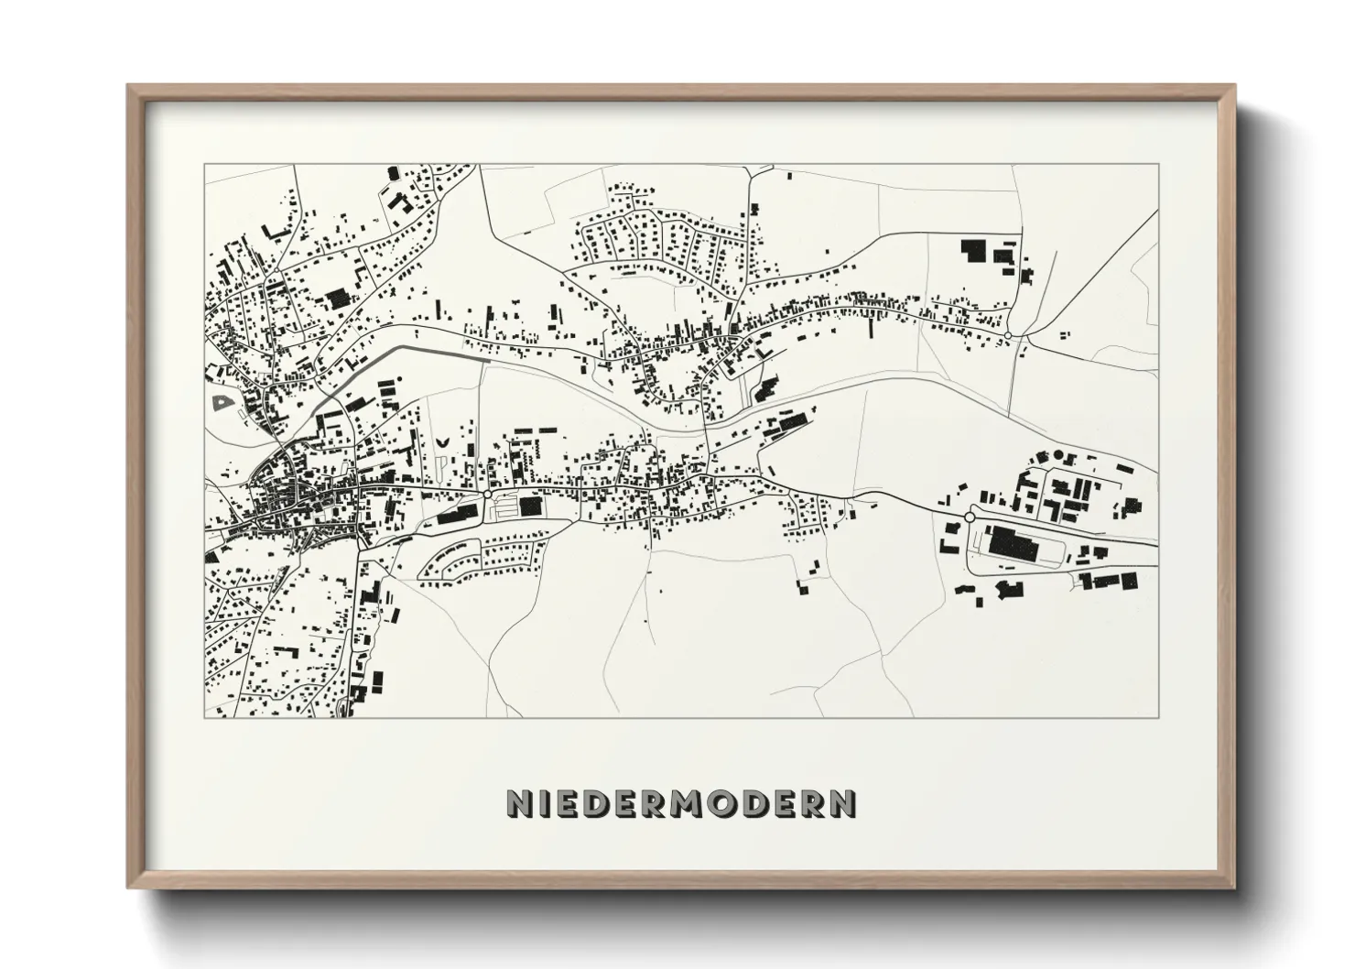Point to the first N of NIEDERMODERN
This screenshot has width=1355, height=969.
518,804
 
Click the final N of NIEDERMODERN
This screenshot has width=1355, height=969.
843,804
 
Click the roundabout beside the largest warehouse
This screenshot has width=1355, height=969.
970,517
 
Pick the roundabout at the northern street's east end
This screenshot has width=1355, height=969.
1008,337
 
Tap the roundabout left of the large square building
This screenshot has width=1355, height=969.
488,495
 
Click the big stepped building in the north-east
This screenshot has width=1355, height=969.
972,250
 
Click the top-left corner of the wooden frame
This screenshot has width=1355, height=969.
128,86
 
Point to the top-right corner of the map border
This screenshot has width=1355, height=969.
1158,165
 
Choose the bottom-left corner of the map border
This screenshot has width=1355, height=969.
205,717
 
